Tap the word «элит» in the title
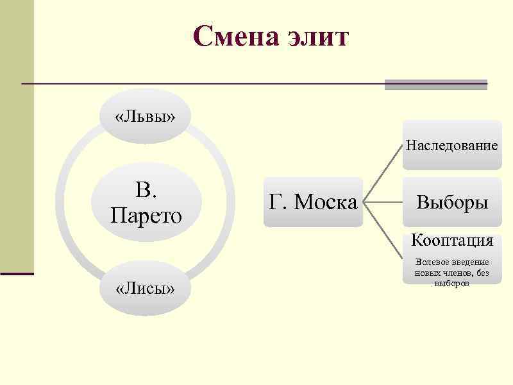319,37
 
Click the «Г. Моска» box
313,202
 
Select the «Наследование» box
451,145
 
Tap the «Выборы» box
452,202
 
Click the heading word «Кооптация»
452,241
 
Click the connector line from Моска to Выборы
383,202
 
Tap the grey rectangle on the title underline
436,84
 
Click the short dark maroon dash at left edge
17,274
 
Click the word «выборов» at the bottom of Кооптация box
451,283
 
